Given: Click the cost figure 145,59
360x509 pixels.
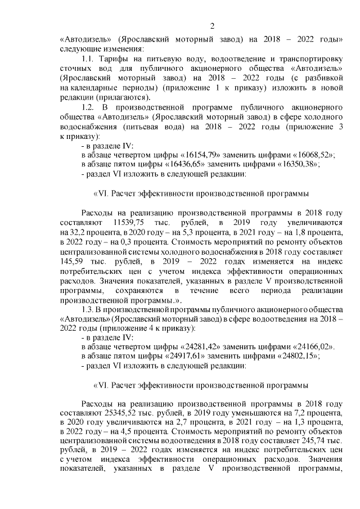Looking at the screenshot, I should coord(71,260).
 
